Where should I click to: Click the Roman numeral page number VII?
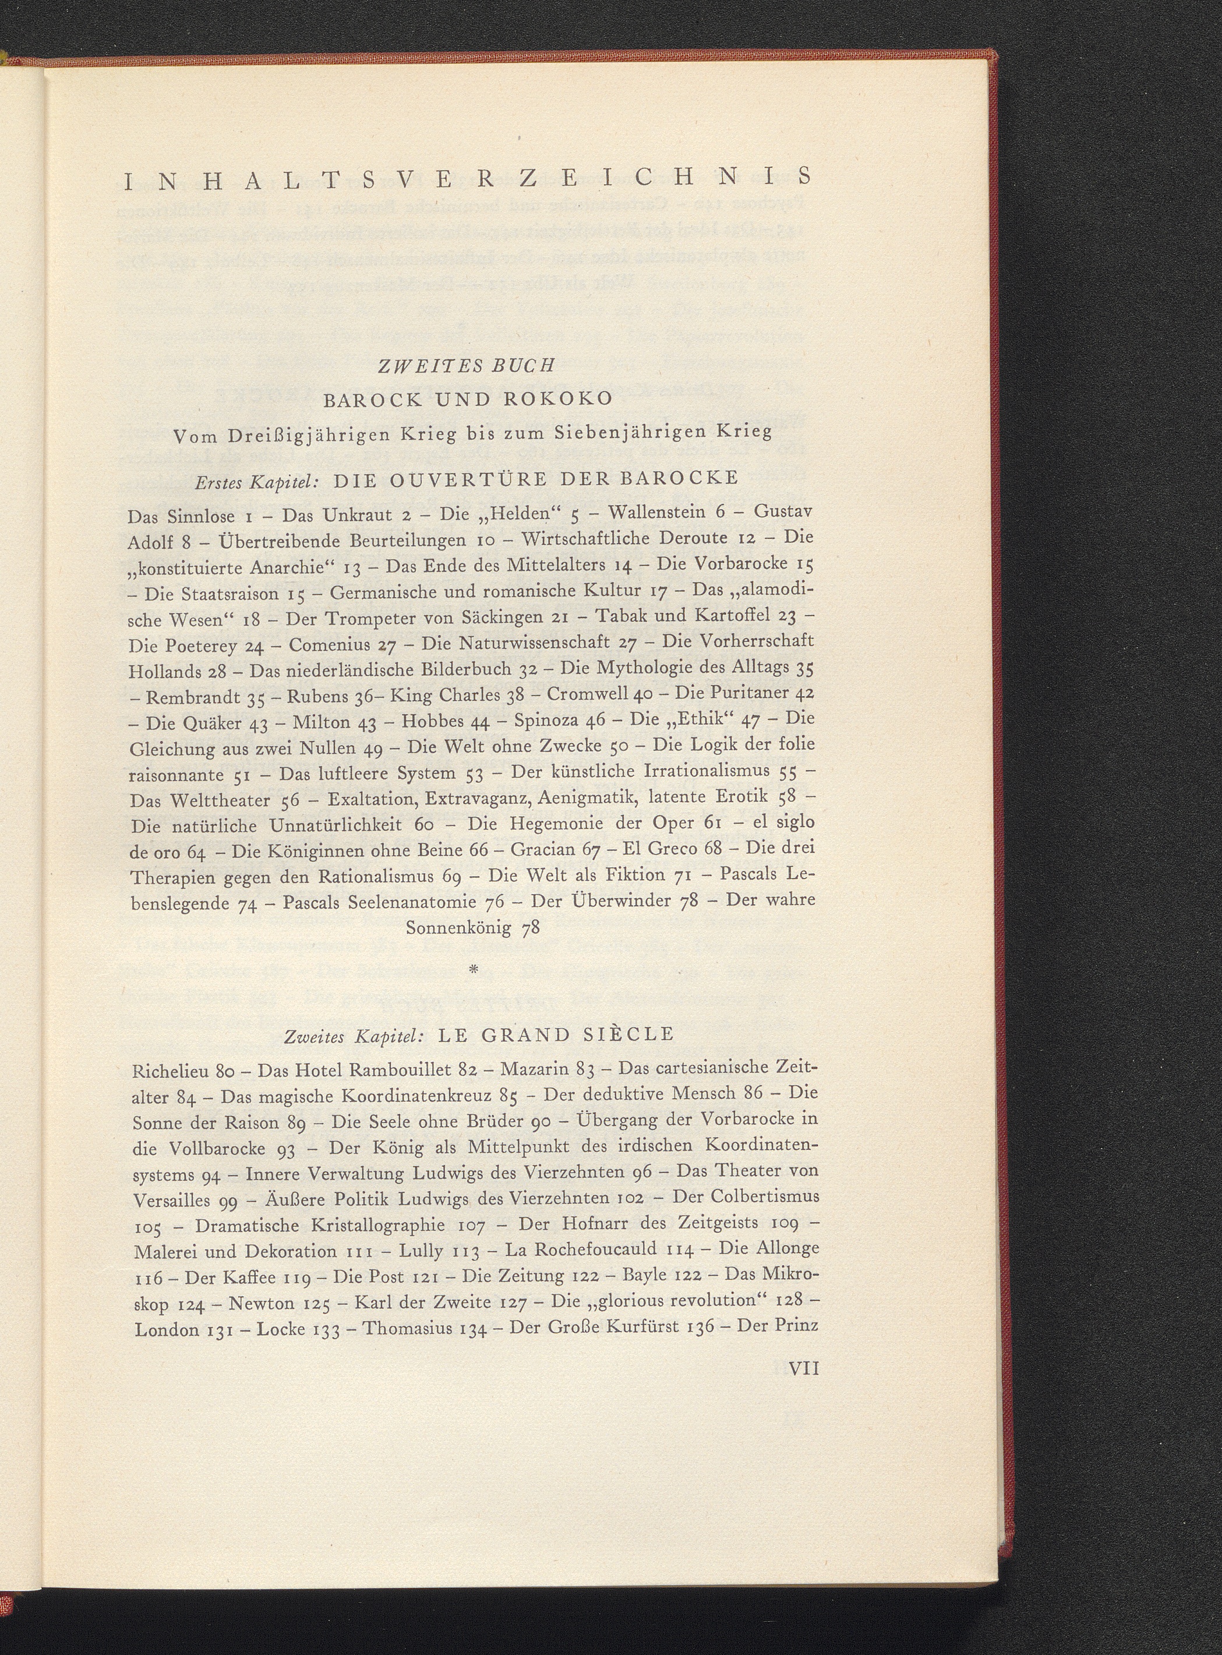pyautogui.click(x=804, y=1368)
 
